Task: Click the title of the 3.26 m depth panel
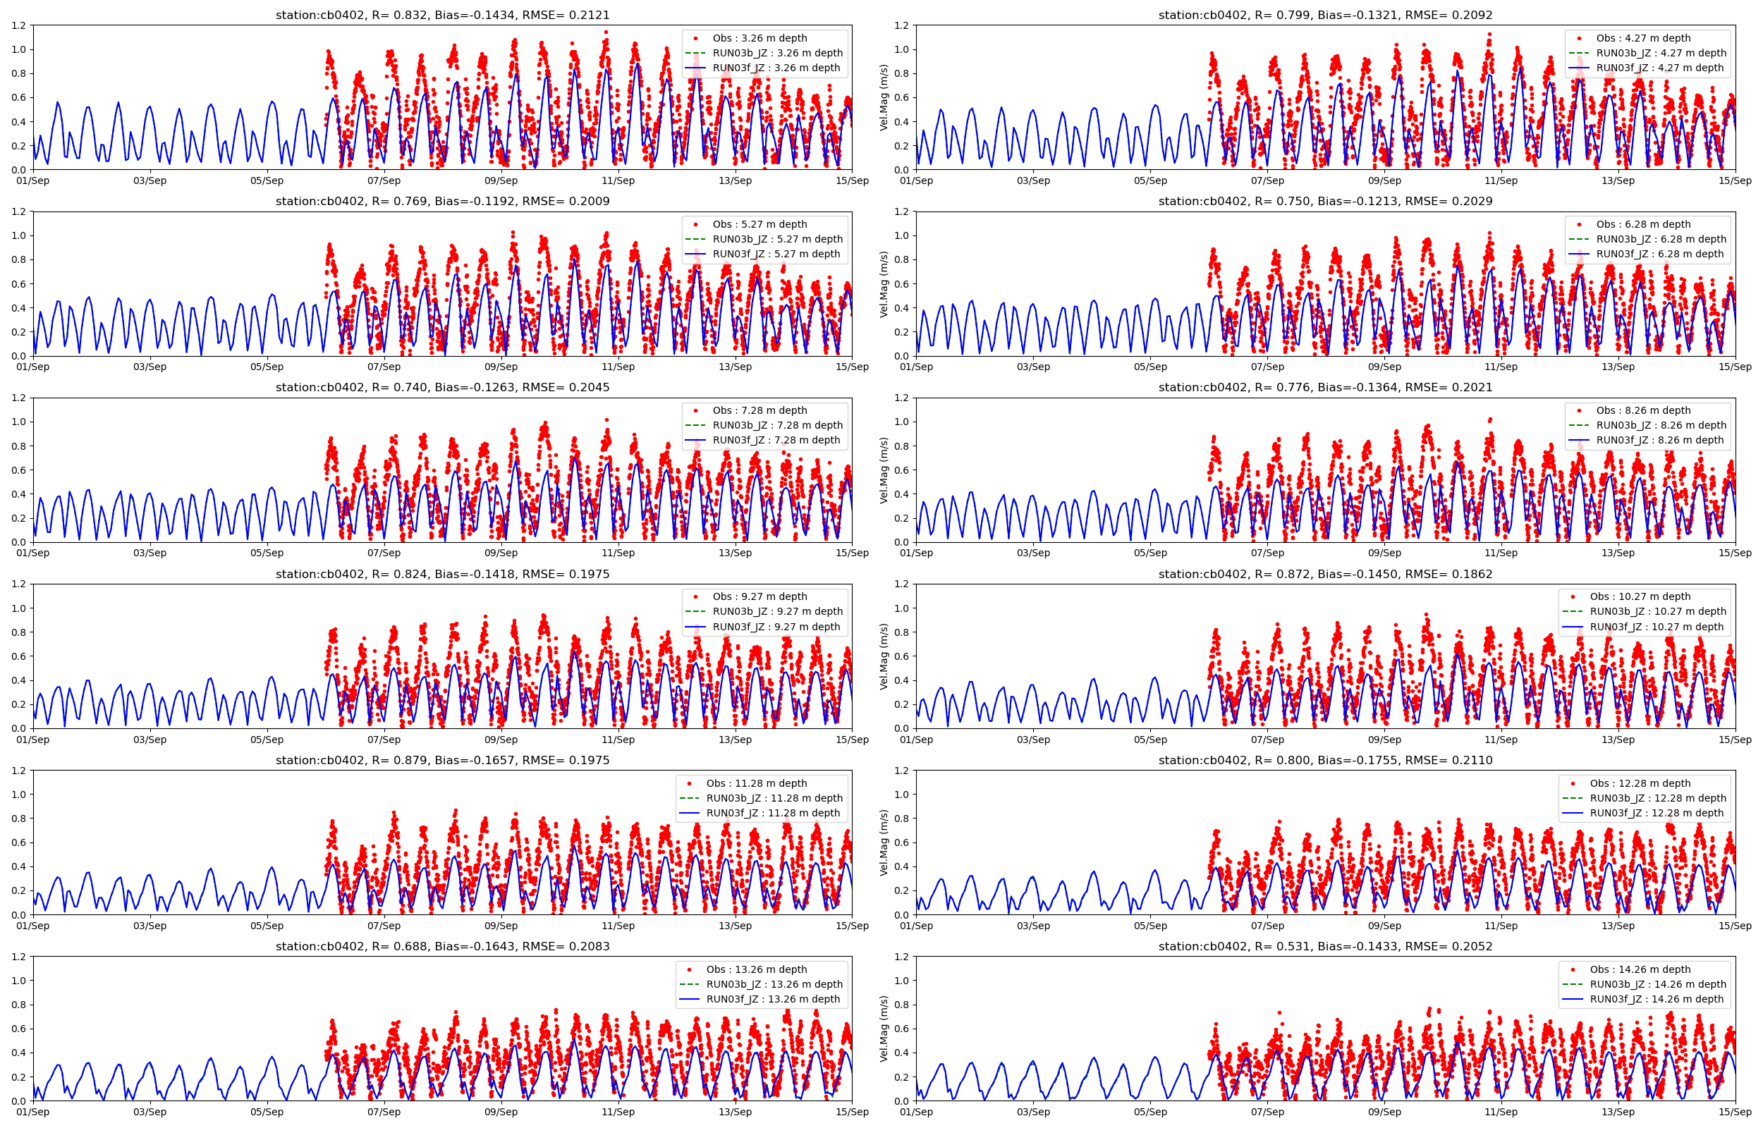(442, 16)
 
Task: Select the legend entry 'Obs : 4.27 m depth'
(1643, 38)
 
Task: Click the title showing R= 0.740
(442, 388)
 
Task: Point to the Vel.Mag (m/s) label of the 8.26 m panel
(884, 470)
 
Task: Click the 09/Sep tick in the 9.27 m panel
(501, 740)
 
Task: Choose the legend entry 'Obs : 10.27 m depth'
(1640, 597)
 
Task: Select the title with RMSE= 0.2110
(1325, 760)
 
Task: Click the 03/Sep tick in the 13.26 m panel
(150, 1112)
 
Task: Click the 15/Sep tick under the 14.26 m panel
(1734, 1112)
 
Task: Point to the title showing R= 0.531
(1325, 946)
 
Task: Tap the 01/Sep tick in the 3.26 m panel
(33, 181)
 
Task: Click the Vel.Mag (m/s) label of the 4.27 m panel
(884, 97)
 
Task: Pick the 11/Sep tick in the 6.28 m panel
(1501, 367)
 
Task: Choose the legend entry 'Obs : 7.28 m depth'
(760, 410)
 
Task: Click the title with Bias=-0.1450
(1325, 575)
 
